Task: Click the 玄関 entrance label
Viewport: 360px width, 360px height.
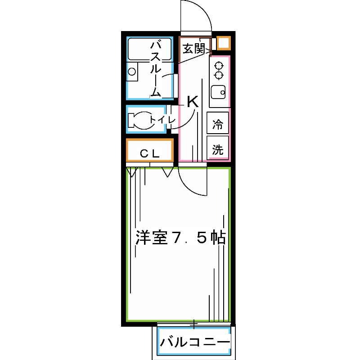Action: (x=193, y=48)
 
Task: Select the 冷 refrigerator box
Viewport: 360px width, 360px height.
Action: (x=218, y=124)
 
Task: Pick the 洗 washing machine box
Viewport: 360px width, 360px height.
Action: (x=218, y=150)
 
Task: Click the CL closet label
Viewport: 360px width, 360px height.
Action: (x=149, y=153)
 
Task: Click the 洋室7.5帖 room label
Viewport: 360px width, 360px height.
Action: (x=180, y=238)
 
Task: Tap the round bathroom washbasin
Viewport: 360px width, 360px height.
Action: (x=132, y=71)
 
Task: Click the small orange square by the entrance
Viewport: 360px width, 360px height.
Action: (x=223, y=43)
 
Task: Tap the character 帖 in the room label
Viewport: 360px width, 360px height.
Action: (x=218, y=238)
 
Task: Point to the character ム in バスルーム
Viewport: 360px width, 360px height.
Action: (x=155, y=92)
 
